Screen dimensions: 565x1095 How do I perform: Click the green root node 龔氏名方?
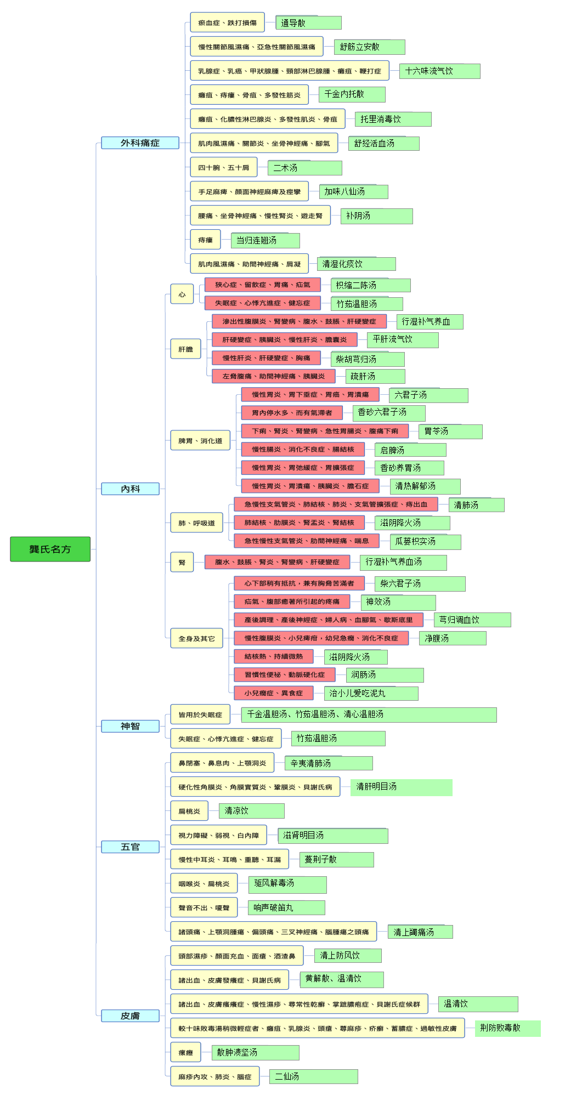(50, 549)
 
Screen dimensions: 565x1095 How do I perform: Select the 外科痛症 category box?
(140, 143)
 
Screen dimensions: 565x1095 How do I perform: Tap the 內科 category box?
(130, 489)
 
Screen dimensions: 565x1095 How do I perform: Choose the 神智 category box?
(130, 727)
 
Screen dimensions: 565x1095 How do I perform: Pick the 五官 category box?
(130, 847)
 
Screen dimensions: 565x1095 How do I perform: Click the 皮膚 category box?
(130, 1016)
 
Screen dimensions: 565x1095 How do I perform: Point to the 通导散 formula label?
(308, 23)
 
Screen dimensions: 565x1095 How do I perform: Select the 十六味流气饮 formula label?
(440, 71)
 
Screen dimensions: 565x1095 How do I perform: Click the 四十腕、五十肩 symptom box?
(224, 167)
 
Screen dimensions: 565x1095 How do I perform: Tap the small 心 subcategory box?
(182, 294)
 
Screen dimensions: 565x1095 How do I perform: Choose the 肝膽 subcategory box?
(186, 349)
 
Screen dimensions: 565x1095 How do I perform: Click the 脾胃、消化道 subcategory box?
(200, 441)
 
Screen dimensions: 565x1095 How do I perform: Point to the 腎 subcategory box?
(182, 563)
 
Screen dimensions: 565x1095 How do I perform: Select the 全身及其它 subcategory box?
(196, 638)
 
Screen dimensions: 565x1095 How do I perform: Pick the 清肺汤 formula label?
(476, 505)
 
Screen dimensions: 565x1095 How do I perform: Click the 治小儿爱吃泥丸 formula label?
(371, 694)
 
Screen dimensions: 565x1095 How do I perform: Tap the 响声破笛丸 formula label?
(286, 908)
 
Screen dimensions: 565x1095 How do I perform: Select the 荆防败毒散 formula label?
(507, 1028)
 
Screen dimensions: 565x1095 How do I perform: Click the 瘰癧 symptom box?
(185, 1053)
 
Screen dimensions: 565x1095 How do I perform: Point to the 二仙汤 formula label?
(313, 1077)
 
